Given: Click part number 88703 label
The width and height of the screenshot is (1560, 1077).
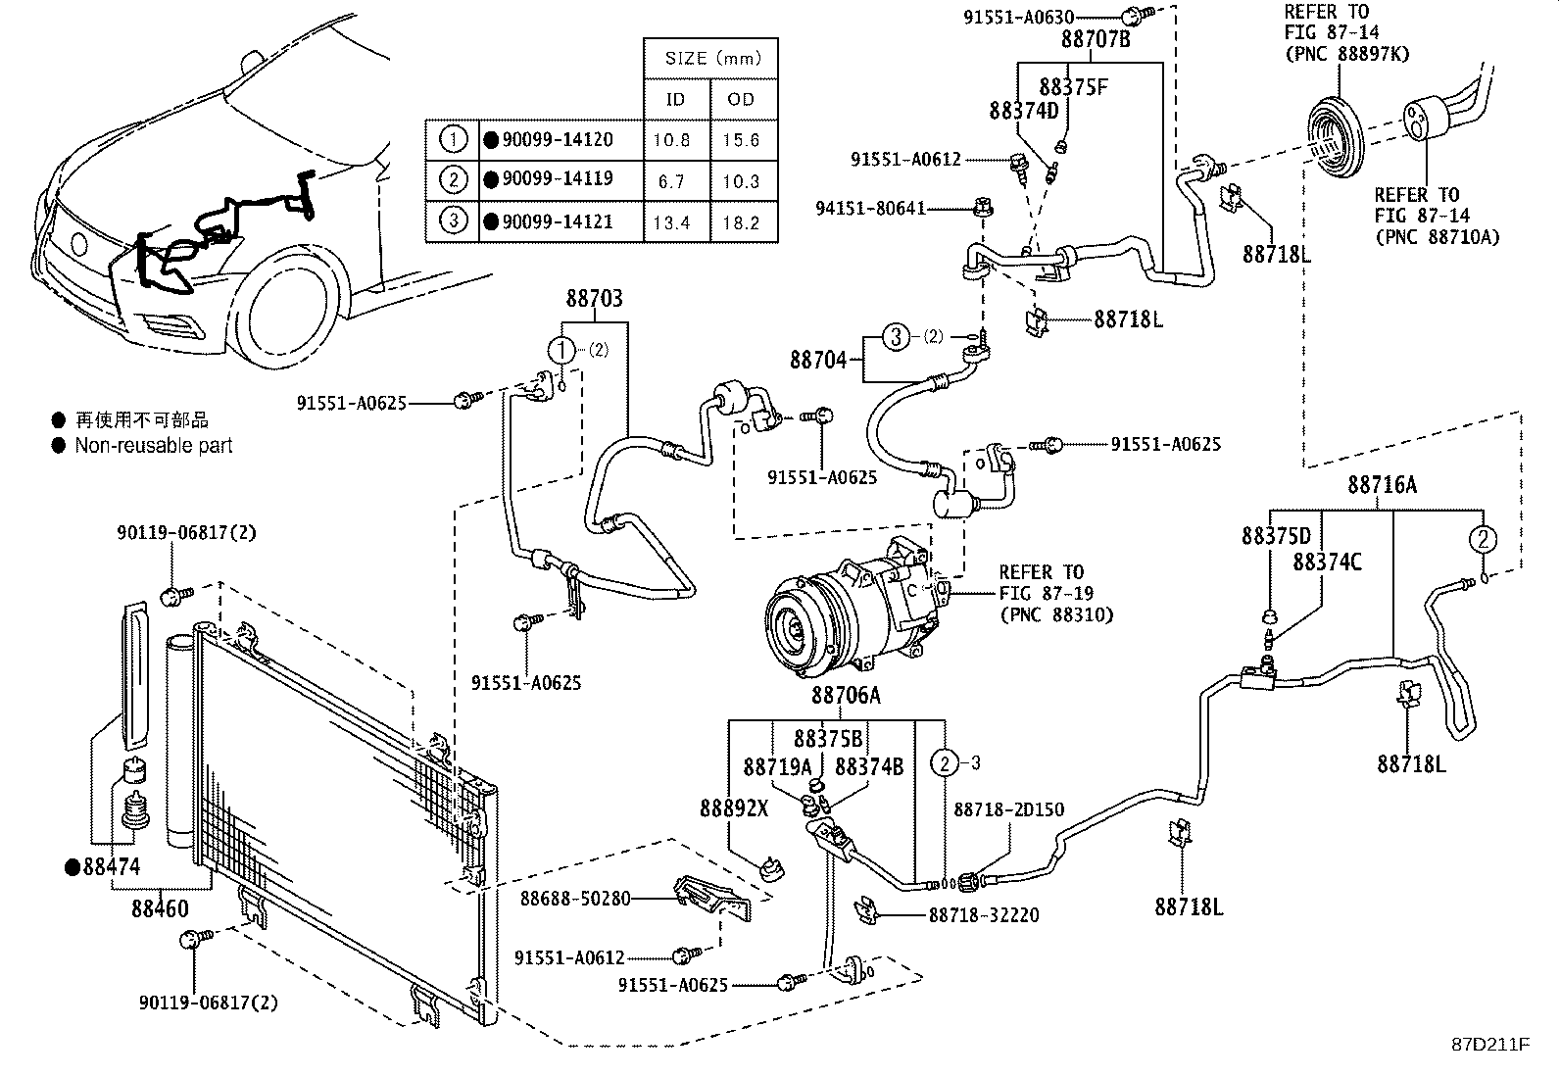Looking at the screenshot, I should pos(594,299).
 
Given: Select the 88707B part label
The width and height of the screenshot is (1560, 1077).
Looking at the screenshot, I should pos(1095,40).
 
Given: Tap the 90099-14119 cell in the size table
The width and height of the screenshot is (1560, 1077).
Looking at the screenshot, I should pos(558,180).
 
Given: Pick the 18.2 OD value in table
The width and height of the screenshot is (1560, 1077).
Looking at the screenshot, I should pos(741,222).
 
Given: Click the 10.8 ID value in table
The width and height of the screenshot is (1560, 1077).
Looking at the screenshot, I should pos(671,140).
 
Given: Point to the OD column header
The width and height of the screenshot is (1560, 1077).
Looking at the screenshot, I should pos(741,99).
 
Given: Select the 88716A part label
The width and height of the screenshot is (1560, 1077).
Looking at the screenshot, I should pos(1382,484).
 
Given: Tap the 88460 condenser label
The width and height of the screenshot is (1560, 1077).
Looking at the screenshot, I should pos(160,908).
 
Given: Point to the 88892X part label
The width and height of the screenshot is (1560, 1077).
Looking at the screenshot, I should pos(734,808).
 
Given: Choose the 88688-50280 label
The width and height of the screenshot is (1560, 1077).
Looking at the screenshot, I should pos(574,899).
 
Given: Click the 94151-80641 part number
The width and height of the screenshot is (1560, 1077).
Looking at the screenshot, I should pos(870,209).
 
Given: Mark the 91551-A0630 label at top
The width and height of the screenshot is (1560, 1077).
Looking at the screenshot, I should pos(1018,17).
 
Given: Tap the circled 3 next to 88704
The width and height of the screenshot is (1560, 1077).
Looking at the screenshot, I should pos(895,337).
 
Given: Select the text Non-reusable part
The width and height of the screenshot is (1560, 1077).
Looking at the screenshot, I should pos(154,445).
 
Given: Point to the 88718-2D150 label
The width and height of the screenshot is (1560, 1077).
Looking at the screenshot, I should pos(1008,810).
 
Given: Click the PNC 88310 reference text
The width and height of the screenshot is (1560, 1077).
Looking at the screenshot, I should pos(1055,614).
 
